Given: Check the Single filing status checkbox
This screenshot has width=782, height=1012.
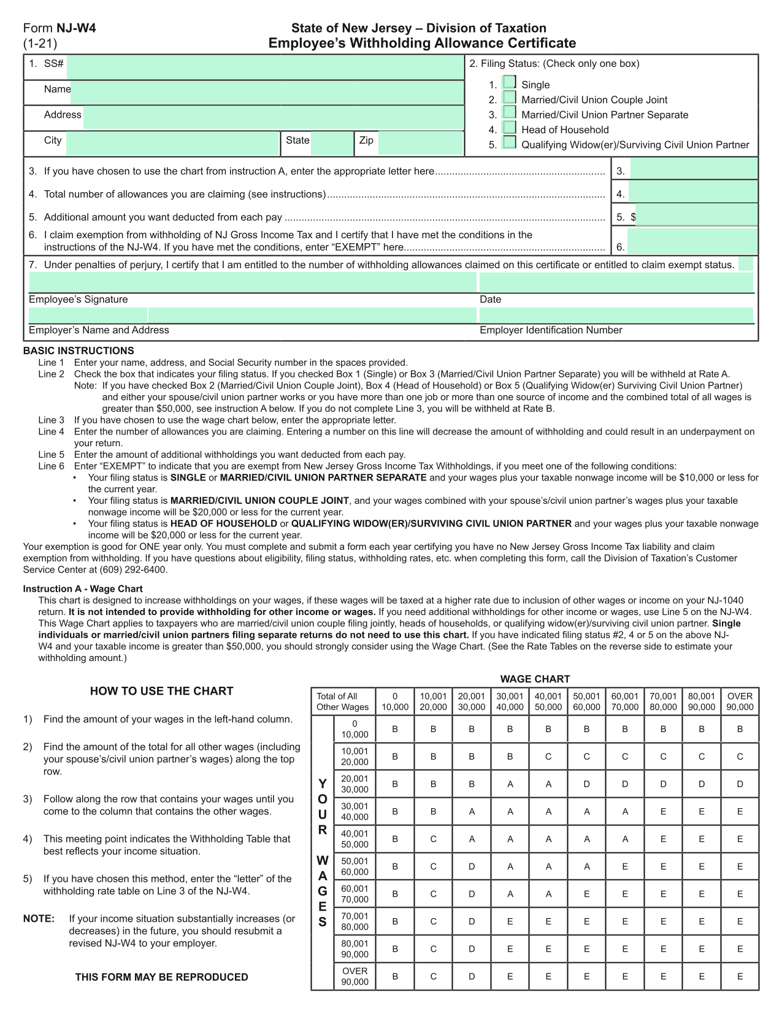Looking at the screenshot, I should [x=509, y=82].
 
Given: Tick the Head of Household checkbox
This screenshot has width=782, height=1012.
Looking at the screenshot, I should [x=509, y=128].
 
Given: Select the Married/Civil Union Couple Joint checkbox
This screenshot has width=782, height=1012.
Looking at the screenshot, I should [x=509, y=98].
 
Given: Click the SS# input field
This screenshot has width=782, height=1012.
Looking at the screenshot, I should [x=265, y=67].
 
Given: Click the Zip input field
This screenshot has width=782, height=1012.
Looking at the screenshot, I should [x=420, y=143].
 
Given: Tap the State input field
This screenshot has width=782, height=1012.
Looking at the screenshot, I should [x=332, y=143].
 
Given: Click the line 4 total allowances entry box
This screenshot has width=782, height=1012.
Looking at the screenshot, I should [x=693, y=194].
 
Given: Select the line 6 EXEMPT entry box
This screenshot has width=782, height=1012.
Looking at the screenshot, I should [x=692, y=241].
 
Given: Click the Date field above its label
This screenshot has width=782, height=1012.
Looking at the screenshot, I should [x=616, y=282].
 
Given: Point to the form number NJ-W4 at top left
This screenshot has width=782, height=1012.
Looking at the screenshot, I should [x=76, y=28].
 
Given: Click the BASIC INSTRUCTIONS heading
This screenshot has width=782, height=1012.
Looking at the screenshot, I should [x=79, y=351].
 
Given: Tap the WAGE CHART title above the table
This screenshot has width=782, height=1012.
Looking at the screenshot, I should [x=535, y=679].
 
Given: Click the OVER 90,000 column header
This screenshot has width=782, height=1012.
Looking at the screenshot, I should [x=740, y=701].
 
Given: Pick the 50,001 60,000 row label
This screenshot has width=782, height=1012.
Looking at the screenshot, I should [x=355, y=867].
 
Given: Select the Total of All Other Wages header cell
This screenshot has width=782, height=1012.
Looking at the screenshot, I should [x=343, y=701].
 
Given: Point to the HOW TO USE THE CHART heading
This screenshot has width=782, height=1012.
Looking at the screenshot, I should [x=162, y=691].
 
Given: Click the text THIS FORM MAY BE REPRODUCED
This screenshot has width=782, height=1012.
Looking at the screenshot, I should [x=162, y=977].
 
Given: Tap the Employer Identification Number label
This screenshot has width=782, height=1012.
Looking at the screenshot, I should [x=551, y=330].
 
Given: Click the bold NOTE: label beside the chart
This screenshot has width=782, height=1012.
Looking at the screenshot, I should [x=39, y=919].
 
